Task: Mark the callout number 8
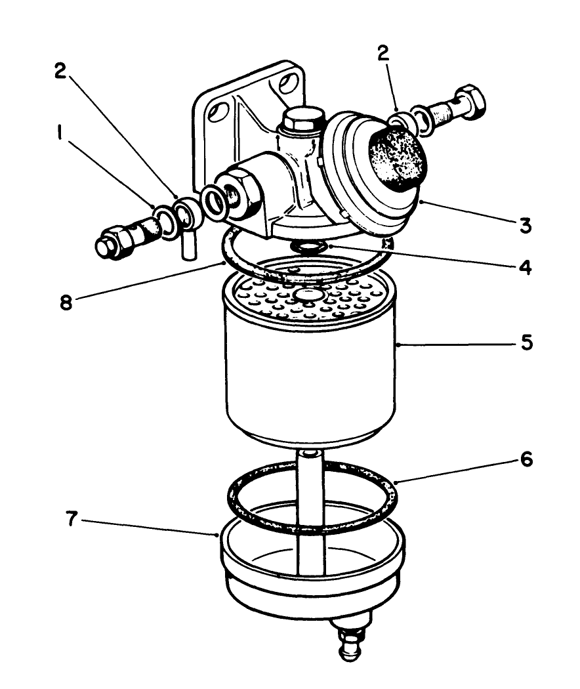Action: click(x=64, y=303)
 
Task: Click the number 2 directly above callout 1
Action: click(x=62, y=72)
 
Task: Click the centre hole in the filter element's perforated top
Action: click(x=309, y=297)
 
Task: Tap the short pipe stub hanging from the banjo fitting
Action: click(x=186, y=250)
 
